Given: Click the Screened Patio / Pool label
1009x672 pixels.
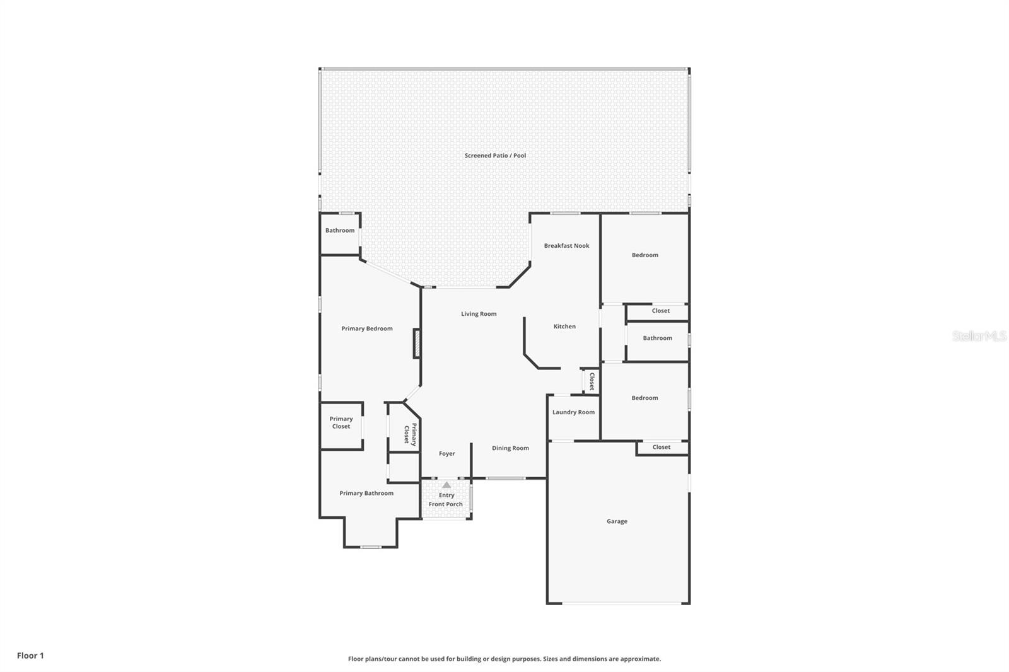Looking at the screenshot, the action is pos(495,155).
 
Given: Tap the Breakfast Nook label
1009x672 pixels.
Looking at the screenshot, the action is pos(567,245).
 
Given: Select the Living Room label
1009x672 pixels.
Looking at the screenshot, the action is pos(479,314).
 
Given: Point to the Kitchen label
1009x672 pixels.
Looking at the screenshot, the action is pos(564,326).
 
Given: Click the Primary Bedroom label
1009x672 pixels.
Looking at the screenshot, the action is pos(366,328).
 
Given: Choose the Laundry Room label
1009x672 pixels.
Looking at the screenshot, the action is pos(573,412).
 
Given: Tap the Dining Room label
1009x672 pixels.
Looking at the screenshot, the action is pos(510,448).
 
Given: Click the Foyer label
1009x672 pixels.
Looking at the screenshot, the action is pos(447,453).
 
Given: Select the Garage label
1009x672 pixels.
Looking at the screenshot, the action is pos(617,521).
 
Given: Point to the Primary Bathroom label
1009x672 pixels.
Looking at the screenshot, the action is pos(366,493).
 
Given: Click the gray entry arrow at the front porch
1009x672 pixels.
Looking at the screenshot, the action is pos(446,485).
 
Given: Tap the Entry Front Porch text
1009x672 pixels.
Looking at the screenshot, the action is pos(446,499).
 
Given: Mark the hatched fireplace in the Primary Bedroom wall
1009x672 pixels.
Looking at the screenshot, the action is pos(417,344).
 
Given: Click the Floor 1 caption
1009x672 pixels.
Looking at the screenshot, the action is pos(30,656).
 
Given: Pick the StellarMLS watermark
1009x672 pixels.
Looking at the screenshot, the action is pos(979,335).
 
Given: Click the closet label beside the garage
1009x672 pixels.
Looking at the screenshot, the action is pos(662,447).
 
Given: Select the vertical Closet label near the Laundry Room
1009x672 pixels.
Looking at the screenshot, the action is pos(592,381).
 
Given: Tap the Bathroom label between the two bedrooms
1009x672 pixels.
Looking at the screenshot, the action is pos(657,338).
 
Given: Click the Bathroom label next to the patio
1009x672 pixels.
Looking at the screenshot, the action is pos(340,230).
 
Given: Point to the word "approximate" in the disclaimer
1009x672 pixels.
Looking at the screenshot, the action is pos(641,659).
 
